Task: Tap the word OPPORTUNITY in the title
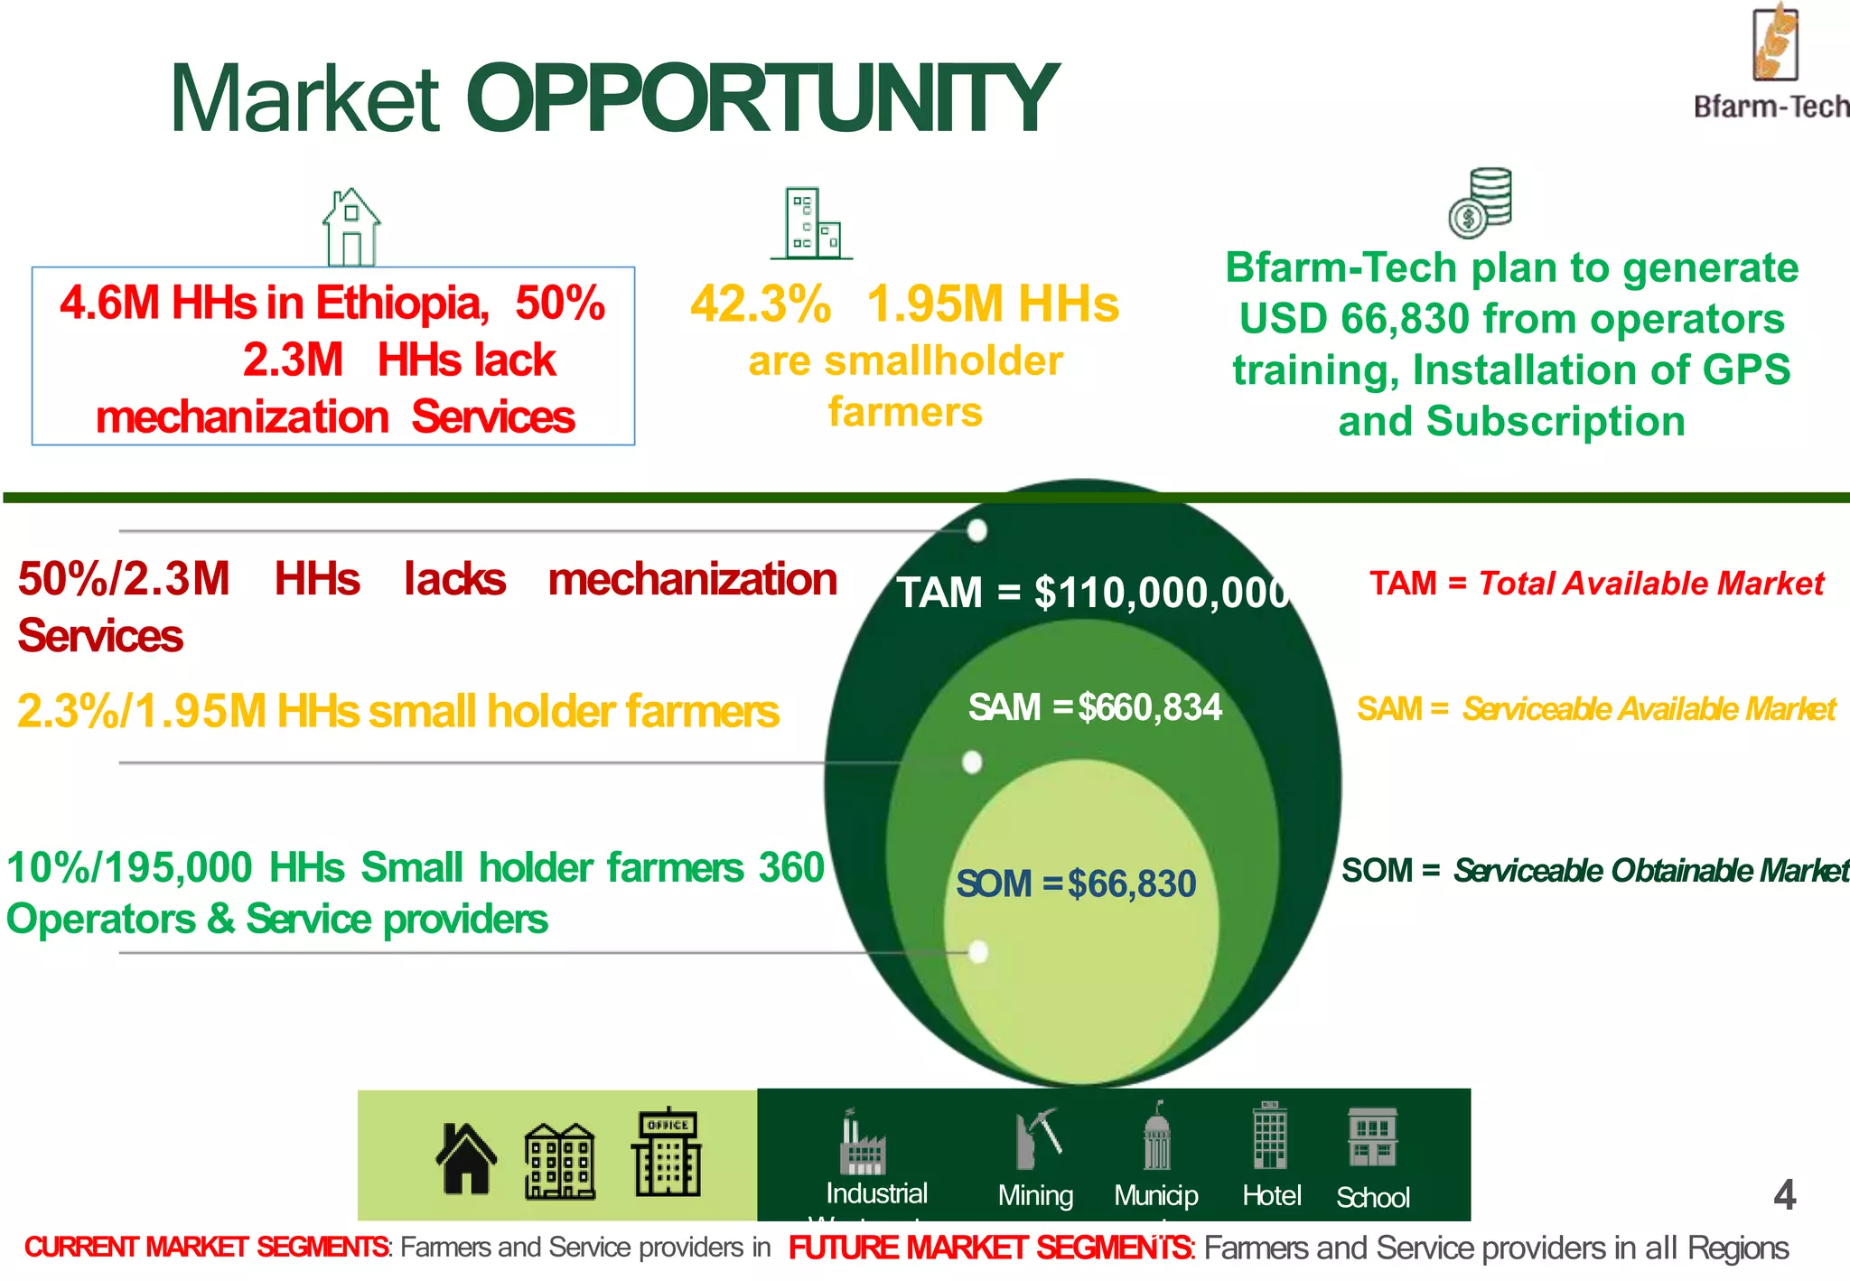[761, 99]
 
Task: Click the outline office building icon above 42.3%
[812, 223]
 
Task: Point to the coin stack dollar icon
[1480, 202]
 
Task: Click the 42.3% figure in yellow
[761, 304]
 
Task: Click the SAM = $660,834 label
[1095, 707]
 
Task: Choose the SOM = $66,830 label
[1076, 884]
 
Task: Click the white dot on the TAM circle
[976, 530]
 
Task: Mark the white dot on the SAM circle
[972, 762]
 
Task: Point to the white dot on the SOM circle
[977, 951]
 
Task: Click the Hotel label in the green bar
[1271, 1195]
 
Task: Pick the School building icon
[1372, 1137]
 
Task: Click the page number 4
[1784, 1195]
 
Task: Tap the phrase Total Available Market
[1651, 584]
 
